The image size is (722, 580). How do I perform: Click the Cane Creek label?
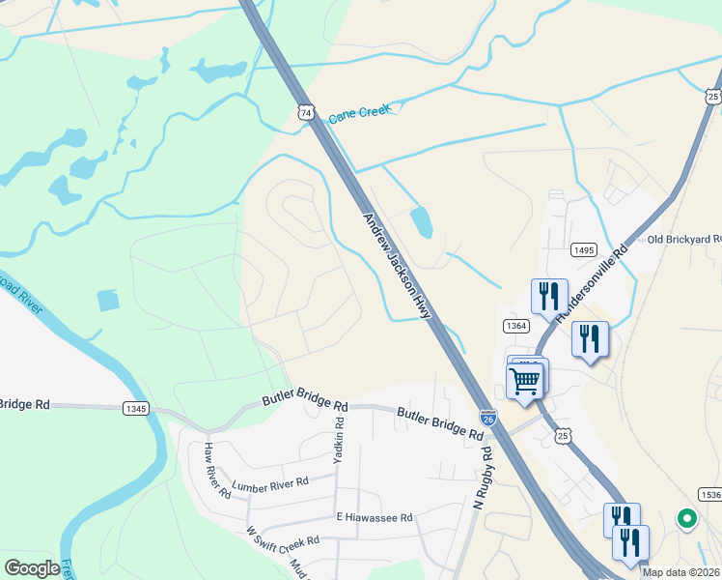click(x=359, y=113)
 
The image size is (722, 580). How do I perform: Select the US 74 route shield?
click(x=306, y=113)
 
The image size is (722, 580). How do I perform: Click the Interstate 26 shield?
click(x=488, y=419)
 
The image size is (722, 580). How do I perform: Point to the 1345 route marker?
click(x=136, y=409)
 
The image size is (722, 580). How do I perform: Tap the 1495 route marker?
click(x=583, y=249)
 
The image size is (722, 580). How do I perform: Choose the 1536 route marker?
click(x=710, y=494)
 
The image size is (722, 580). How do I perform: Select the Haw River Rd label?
click(x=216, y=470)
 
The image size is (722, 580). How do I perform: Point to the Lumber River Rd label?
click(x=269, y=481)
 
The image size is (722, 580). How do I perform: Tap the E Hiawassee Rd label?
click(x=374, y=518)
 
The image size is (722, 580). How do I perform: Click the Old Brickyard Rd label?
click(x=683, y=239)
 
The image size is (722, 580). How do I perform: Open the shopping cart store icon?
click(x=525, y=379)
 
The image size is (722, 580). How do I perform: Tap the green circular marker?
click(x=687, y=520)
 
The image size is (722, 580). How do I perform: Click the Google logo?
click(x=32, y=568)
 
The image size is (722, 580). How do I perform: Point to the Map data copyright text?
click(x=680, y=572)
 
